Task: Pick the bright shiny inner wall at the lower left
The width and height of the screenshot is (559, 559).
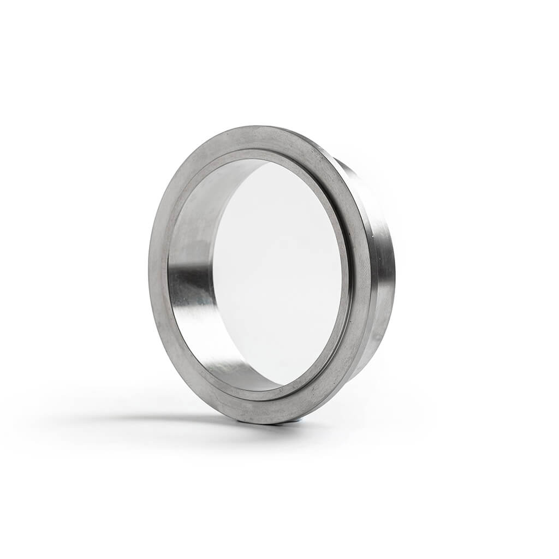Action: pos(218,349)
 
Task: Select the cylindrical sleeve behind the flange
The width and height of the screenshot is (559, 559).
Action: pos(382,273)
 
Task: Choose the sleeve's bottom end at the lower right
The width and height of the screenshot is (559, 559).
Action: pos(360,371)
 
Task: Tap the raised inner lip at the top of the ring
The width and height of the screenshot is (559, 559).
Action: pos(262,153)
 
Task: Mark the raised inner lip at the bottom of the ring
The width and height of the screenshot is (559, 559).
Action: pos(262,395)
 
